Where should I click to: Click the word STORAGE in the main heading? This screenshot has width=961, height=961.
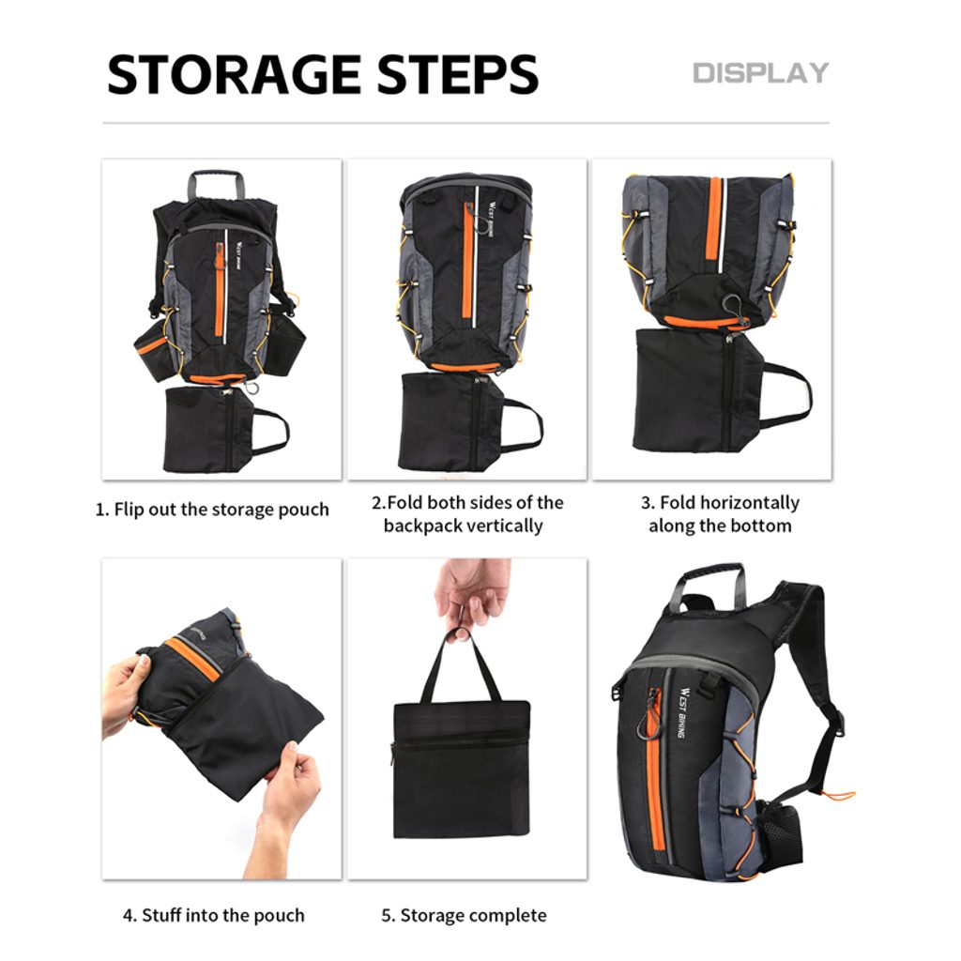(x=234, y=74)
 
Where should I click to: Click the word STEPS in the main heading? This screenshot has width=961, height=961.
(x=458, y=74)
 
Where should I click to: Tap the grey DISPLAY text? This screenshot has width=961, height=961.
(x=760, y=73)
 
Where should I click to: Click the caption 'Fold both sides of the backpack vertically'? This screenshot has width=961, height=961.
(x=467, y=514)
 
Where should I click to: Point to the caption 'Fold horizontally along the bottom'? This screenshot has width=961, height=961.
(x=720, y=514)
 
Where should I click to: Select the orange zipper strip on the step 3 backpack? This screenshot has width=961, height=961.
(x=714, y=225)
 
